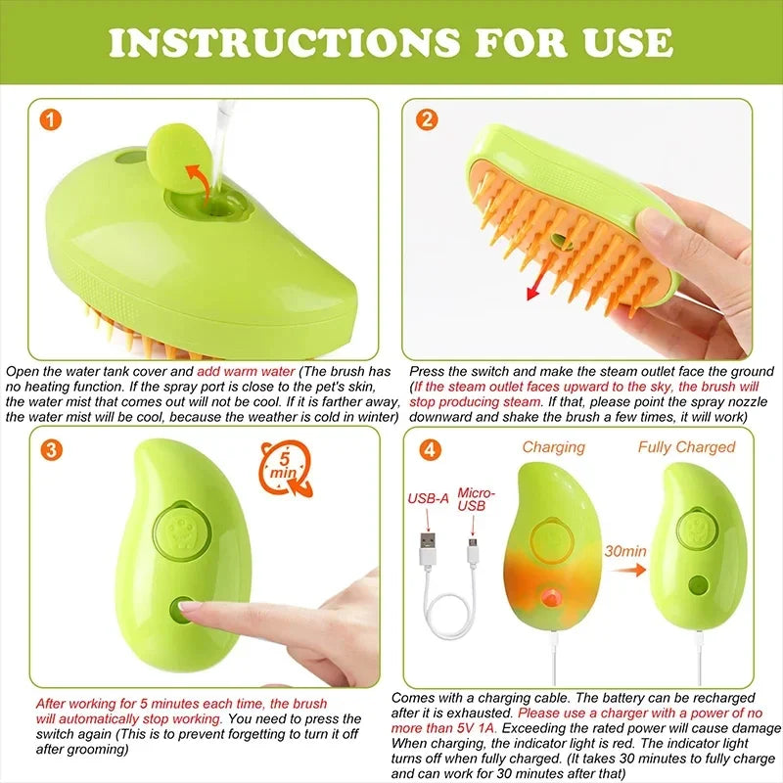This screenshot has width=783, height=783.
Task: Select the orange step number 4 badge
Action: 427,451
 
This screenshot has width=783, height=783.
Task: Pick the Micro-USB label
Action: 477,500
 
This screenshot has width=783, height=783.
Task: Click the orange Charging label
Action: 553,447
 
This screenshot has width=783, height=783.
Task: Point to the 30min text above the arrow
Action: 625,551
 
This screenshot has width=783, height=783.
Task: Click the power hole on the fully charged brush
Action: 698,586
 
